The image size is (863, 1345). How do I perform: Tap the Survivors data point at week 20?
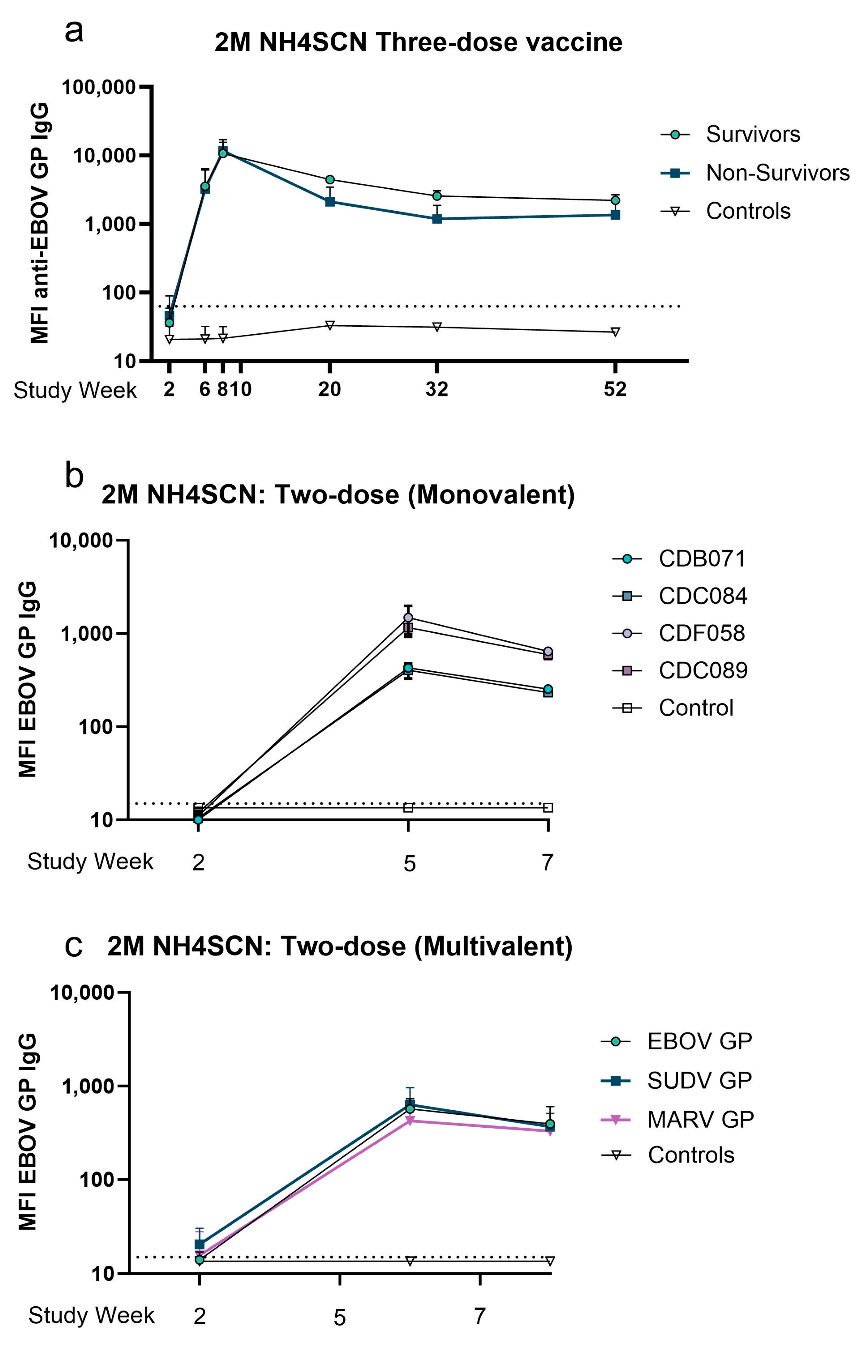click(x=330, y=179)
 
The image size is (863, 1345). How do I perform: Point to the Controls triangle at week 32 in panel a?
click(x=436, y=327)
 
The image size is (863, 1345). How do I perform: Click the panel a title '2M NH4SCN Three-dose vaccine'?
click(x=418, y=43)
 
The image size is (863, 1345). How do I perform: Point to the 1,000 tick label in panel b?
click(x=87, y=634)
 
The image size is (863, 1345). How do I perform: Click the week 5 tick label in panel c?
click(x=339, y=1317)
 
